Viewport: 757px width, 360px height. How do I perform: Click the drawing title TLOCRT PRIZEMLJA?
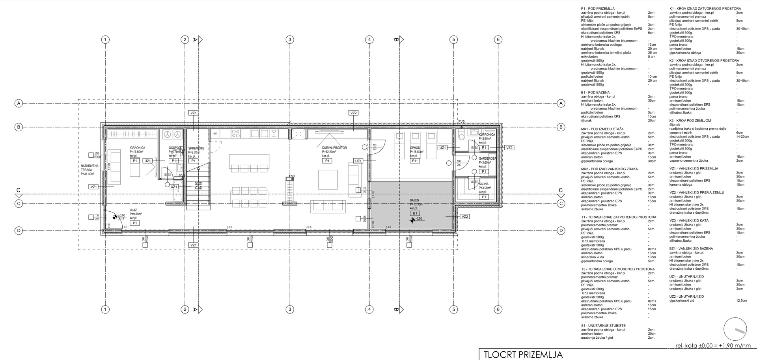pos(523,354)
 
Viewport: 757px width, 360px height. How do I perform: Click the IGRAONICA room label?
pos(137,148)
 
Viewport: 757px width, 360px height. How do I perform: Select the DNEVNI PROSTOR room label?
pos(334,148)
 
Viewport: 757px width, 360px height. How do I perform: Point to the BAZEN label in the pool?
pos(414,200)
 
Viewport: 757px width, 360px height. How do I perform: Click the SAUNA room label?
pos(483,184)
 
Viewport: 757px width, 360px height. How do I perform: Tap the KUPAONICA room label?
pos(487,134)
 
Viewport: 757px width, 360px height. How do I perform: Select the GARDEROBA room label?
pos(487,158)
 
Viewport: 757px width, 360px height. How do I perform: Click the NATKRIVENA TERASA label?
pos(87,168)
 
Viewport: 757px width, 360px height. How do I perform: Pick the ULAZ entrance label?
pos(133,210)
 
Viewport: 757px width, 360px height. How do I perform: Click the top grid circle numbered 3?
pos(290,39)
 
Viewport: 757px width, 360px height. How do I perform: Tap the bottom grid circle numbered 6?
pos(498,310)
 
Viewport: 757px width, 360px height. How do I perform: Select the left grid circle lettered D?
pos(18,231)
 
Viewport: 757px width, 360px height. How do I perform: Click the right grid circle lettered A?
pos(561,103)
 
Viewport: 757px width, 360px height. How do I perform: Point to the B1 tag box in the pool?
pos(414,213)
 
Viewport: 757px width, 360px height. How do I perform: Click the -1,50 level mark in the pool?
pos(419,219)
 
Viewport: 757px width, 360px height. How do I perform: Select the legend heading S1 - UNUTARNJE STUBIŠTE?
pos(603,325)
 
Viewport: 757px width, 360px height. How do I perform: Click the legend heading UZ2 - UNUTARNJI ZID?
pos(686,297)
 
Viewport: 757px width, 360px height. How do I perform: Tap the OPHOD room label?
pos(415,148)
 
